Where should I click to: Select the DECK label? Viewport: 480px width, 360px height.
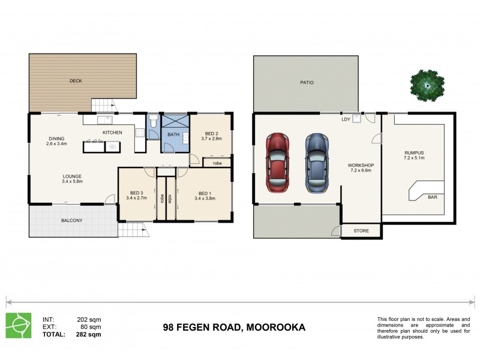[x=75, y=80]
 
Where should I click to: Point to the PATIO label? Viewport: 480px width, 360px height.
[x=307, y=83]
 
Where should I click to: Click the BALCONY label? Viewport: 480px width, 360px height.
[x=72, y=220]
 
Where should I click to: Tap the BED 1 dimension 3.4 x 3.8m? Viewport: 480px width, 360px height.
[x=205, y=198]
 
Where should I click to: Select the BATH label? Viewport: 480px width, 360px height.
[x=173, y=134]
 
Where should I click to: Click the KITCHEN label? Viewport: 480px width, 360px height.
[x=112, y=132]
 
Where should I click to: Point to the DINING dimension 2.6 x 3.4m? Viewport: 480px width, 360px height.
[x=57, y=144]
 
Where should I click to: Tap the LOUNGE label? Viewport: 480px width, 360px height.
[x=72, y=176]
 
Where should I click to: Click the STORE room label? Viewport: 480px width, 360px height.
[x=361, y=230]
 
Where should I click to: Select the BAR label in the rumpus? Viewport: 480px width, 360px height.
[x=432, y=197]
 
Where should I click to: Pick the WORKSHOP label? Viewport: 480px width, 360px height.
[x=361, y=165]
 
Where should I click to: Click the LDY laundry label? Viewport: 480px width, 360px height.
[x=346, y=119]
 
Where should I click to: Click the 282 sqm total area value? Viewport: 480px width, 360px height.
[x=89, y=334]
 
